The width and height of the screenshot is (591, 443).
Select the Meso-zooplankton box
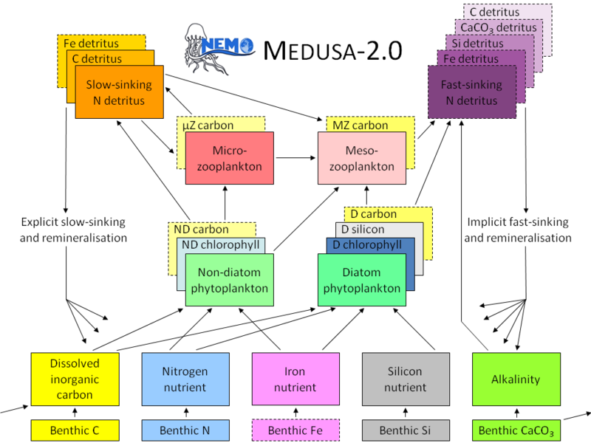click(x=362, y=158)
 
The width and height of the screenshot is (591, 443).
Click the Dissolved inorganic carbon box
click(x=75, y=379)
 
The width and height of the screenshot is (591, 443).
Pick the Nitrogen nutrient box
click(x=185, y=379)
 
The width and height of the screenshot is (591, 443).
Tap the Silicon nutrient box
click(x=406, y=379)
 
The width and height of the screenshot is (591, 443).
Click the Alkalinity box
click(x=516, y=379)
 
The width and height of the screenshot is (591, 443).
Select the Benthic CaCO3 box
click(x=516, y=430)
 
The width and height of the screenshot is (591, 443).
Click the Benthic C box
click(x=75, y=430)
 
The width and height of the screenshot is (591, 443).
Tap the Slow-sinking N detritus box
click(x=119, y=92)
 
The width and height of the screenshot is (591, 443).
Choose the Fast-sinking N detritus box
click(x=471, y=92)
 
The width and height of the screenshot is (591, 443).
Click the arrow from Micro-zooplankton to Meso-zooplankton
click(x=296, y=158)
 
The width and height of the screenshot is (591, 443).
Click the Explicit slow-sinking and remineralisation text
click(x=73, y=230)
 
